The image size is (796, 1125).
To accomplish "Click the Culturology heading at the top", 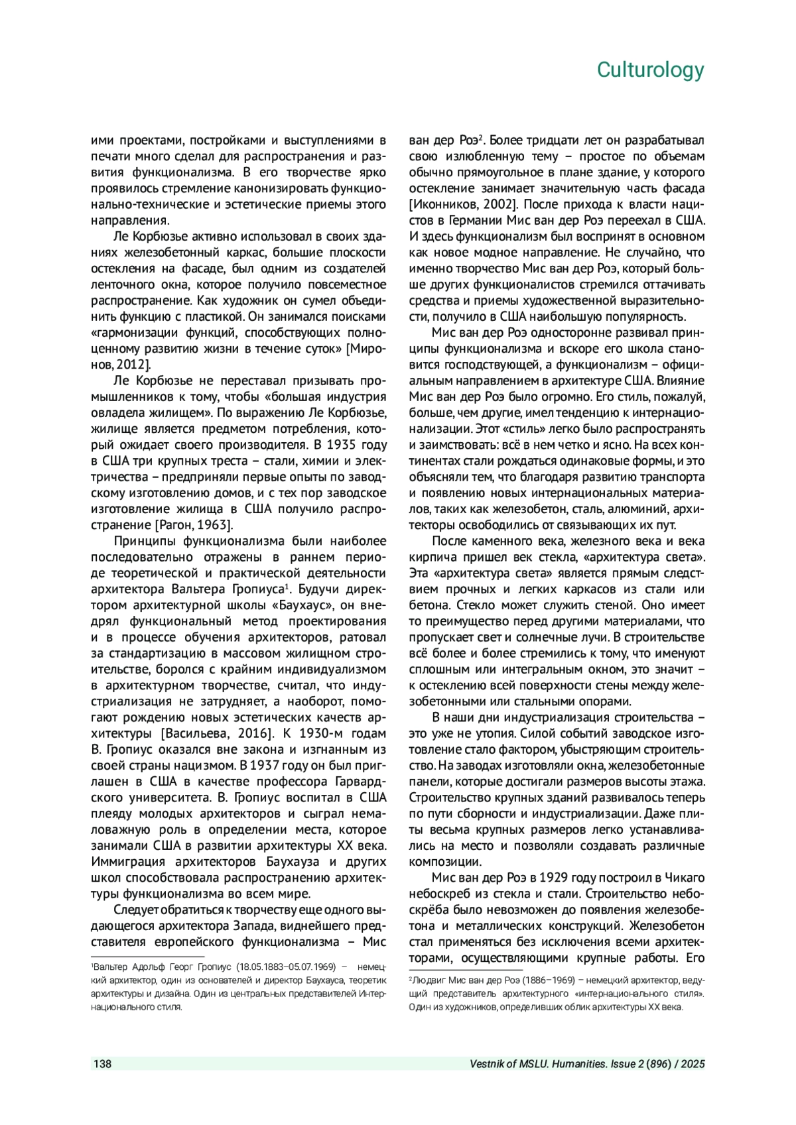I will point(650,70).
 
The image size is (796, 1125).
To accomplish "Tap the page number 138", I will point(102,1064).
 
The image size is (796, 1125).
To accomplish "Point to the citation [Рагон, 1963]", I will point(193,525).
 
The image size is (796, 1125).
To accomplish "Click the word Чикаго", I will point(683,878).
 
